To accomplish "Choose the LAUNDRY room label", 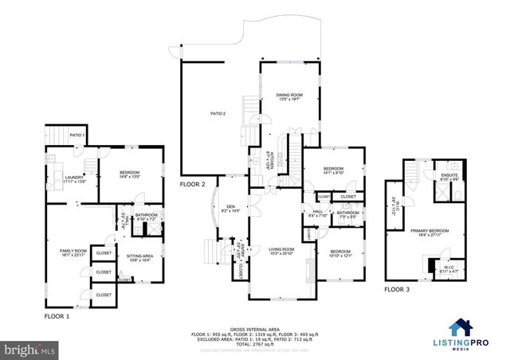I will tap(75, 179).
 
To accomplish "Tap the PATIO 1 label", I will tap(76, 135).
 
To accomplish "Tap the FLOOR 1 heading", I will tap(57, 316).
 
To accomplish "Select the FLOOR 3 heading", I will tap(396, 290).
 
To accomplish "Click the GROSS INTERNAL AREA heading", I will tap(256, 327).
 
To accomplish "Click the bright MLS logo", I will tap(30, 349).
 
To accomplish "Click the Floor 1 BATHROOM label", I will tap(146, 215).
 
